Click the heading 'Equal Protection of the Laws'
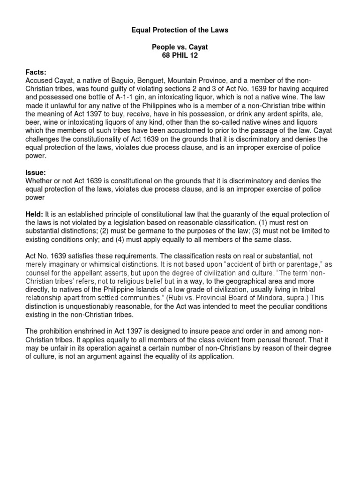180,30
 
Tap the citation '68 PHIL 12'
180,56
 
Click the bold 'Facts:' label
36,72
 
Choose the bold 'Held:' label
34,214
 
